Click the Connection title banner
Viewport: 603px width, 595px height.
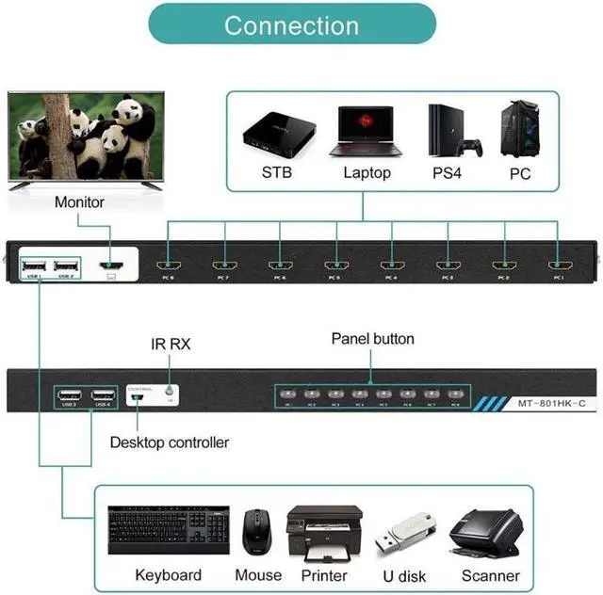(291, 24)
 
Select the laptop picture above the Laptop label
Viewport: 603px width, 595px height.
(367, 131)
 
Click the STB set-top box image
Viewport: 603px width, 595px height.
(275, 133)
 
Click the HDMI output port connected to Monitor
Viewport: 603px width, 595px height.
(112, 266)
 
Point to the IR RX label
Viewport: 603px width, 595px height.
(171, 345)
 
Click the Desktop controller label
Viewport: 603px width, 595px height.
(170, 442)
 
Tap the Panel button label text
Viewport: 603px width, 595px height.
(372, 339)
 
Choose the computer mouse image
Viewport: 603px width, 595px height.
(256, 532)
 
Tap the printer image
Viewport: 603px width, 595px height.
(323, 532)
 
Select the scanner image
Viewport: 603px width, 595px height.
(485, 534)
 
